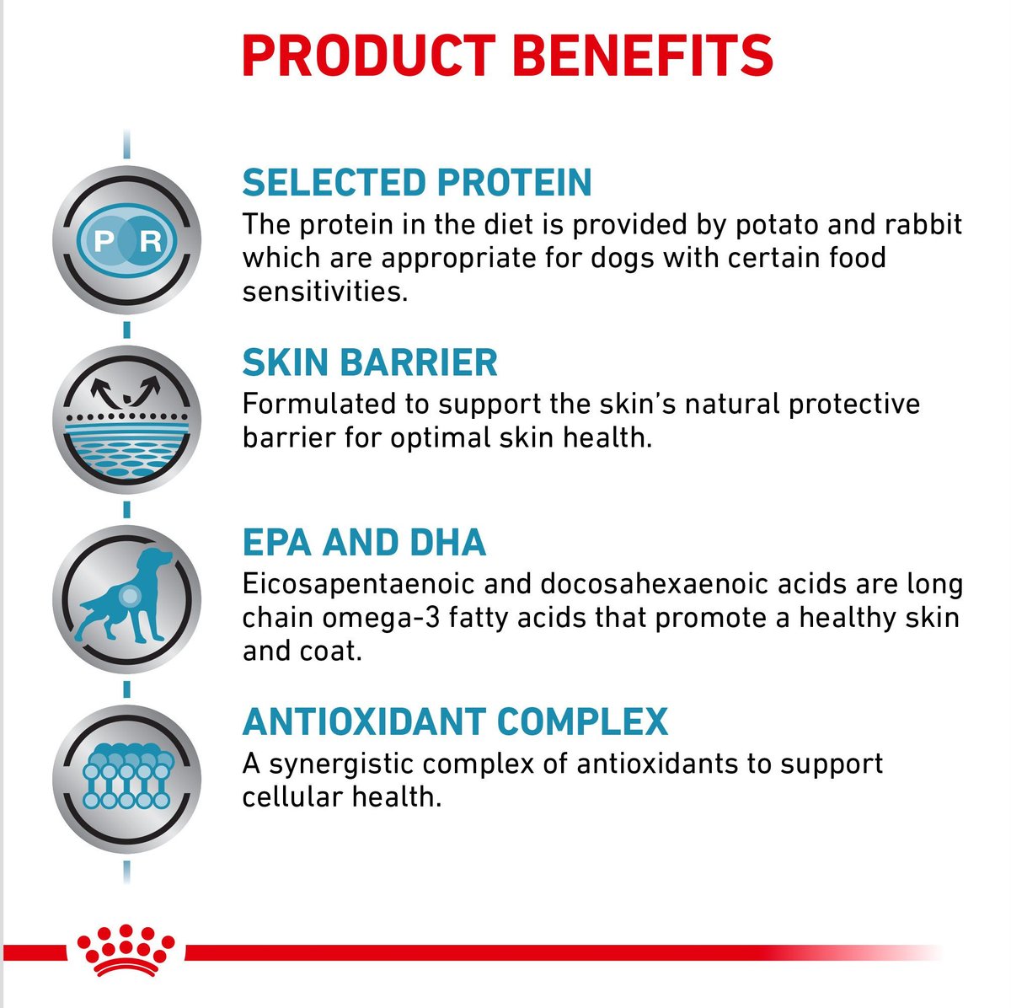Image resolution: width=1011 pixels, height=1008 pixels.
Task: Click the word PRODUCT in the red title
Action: click(x=368, y=55)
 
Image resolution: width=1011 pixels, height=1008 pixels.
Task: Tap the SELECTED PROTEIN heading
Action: click(x=417, y=183)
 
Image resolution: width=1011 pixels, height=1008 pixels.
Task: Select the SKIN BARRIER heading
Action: click(x=370, y=362)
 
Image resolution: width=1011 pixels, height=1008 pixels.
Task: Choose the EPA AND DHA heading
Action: click(x=364, y=542)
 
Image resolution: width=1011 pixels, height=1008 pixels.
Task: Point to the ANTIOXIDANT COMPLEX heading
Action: click(x=455, y=722)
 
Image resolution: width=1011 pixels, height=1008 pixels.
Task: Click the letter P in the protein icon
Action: click(x=104, y=242)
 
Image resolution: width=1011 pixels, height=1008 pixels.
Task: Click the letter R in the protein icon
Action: click(x=151, y=242)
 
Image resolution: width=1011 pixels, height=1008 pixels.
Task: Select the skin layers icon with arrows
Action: click(x=126, y=419)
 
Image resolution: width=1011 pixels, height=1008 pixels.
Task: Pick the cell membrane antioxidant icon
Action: click(x=126, y=776)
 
